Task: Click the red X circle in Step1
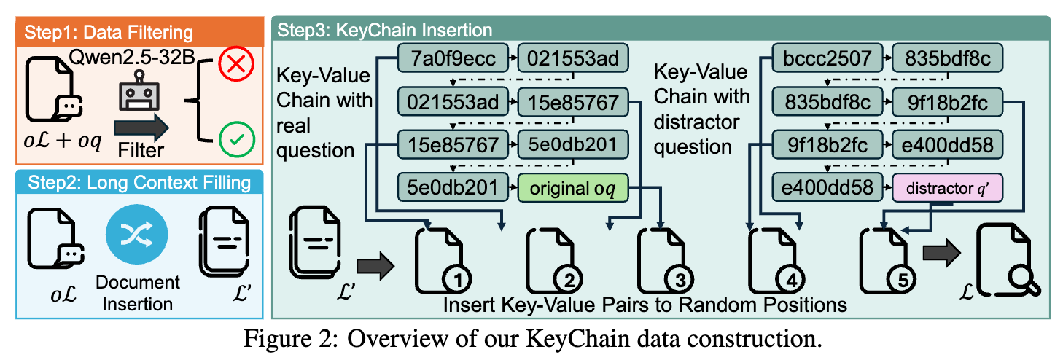pyautogui.click(x=235, y=66)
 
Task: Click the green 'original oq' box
pyautogui.click(x=573, y=189)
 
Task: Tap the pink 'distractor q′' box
pyautogui.click(x=947, y=189)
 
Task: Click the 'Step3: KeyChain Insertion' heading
pyautogui.click(x=384, y=30)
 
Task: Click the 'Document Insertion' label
pyautogui.click(x=137, y=292)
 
